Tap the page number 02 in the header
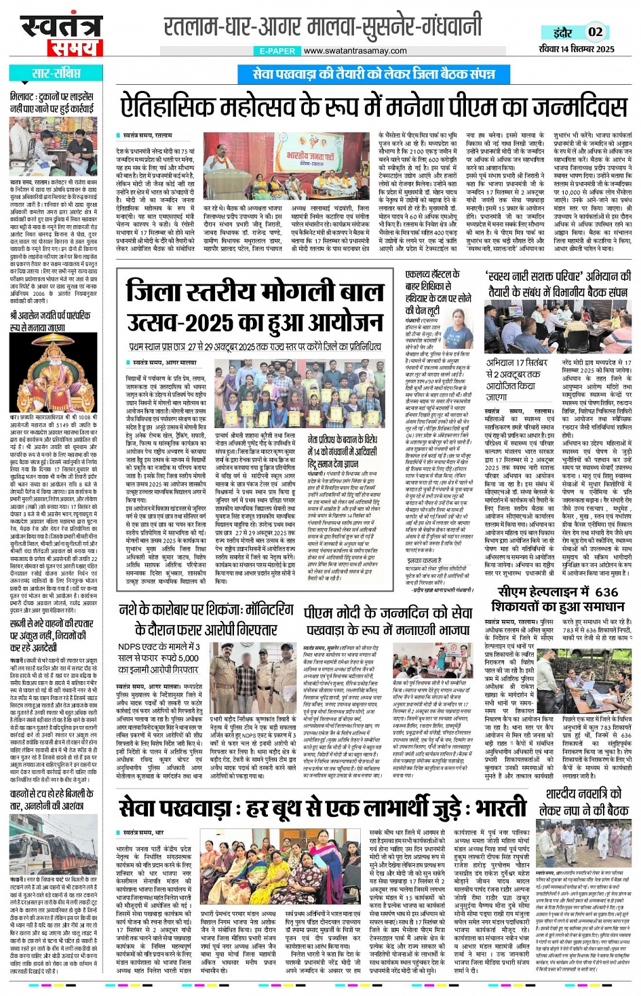click(x=595, y=32)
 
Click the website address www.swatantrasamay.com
click(x=355, y=51)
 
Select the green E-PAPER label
click(x=277, y=51)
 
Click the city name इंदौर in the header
click(x=562, y=32)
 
